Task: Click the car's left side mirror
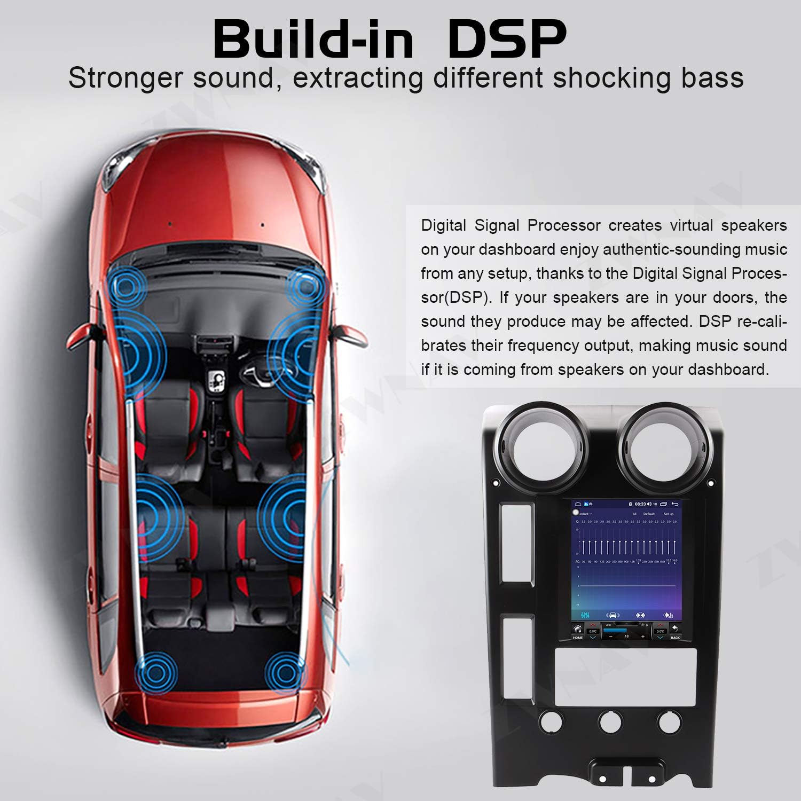coord(80,336)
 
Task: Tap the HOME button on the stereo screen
coord(578,632)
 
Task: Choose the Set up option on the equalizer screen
coord(669,514)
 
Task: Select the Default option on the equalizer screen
coord(649,514)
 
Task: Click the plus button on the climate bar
coord(643,636)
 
